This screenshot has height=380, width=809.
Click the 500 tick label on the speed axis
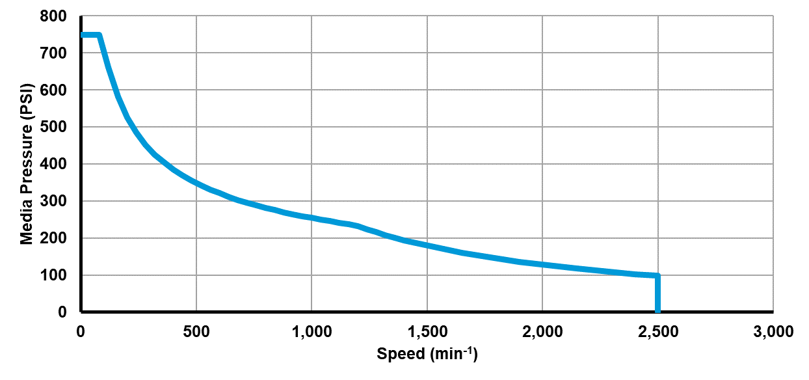pos(196,332)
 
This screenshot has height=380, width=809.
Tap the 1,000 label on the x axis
pos(312,332)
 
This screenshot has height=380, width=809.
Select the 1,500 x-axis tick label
pos(427,332)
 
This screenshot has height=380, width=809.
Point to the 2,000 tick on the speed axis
pos(542,332)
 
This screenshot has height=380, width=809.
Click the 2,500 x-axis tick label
pos(658,332)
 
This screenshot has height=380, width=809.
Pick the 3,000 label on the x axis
pos(773,332)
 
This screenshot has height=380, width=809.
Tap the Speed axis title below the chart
pos(427,354)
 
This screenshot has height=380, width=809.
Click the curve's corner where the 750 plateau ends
pos(99,34)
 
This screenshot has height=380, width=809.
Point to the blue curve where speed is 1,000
pos(312,218)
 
